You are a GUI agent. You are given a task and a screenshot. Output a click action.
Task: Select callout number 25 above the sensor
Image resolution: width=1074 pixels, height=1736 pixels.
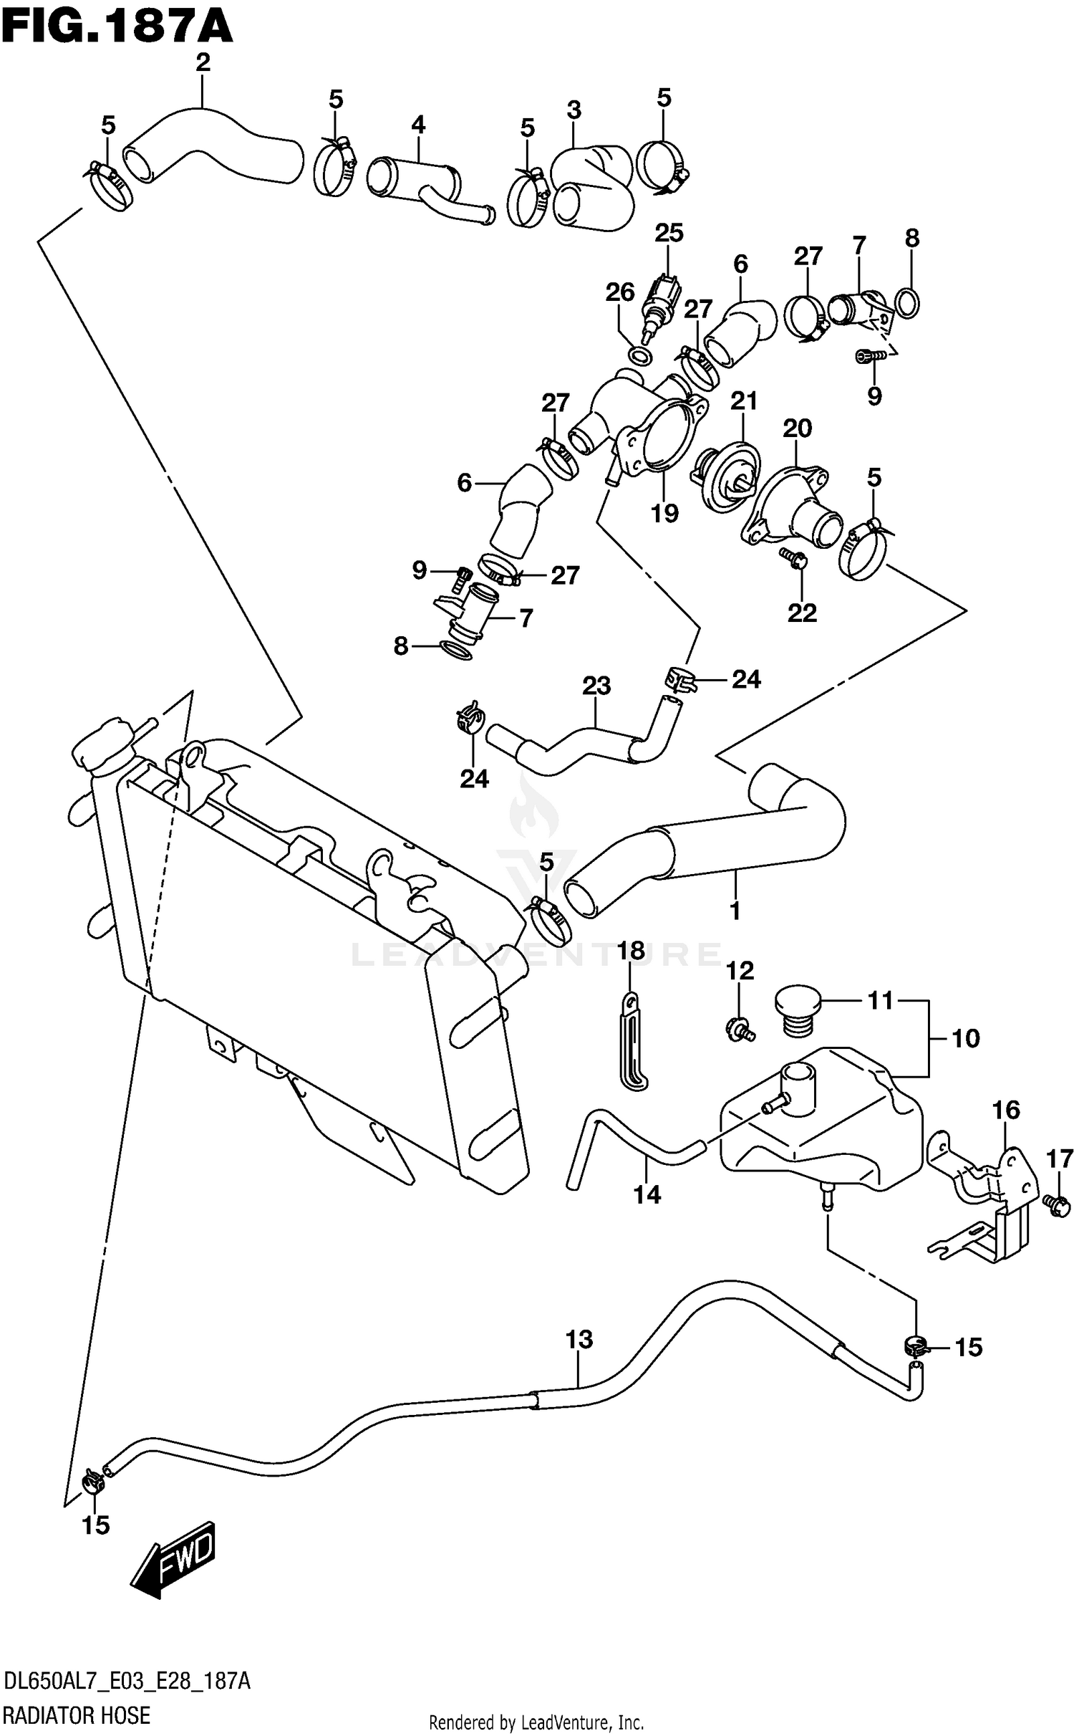[668, 232]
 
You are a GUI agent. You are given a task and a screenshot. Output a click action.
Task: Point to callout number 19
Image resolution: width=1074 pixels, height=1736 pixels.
[664, 513]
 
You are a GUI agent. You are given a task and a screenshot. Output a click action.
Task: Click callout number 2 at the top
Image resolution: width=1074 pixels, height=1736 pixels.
[203, 63]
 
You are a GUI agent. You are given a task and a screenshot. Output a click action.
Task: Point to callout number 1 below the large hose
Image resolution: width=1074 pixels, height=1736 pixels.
[735, 911]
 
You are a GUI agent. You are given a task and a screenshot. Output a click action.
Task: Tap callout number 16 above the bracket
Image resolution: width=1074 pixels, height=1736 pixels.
[1005, 1110]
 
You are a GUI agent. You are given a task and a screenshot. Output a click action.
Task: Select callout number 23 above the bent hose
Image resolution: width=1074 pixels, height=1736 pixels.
[596, 686]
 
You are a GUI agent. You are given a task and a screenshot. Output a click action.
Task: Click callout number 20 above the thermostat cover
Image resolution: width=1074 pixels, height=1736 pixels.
[796, 428]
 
